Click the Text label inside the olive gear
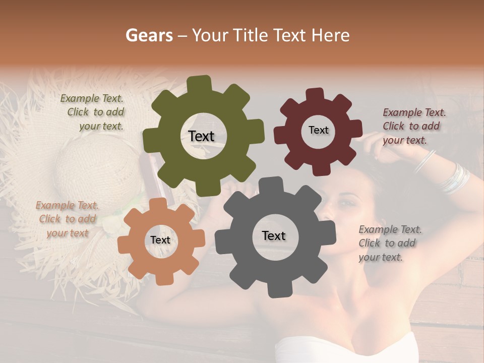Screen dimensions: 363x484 (x=201, y=136)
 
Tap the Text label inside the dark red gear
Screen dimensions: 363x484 (x=318, y=130)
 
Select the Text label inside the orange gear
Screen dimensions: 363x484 (x=160, y=240)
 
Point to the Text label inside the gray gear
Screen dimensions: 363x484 (x=274, y=235)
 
